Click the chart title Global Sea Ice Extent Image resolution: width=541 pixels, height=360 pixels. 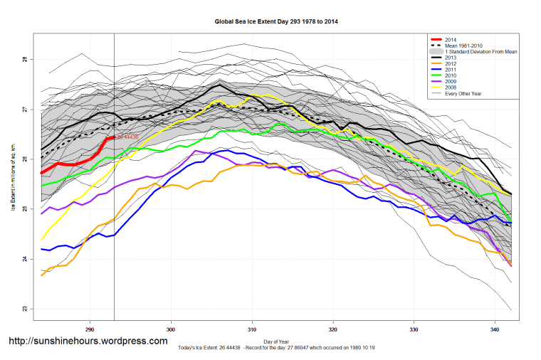click(276, 21)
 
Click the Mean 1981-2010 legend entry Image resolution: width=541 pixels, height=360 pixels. click(463, 46)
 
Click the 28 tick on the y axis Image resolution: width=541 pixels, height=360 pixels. click(24, 60)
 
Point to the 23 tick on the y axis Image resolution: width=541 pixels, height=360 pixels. click(24, 309)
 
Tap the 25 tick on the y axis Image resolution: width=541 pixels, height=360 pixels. click(24, 209)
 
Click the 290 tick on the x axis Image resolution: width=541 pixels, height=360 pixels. click(90, 330)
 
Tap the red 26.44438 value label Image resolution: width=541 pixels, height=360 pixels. click(127, 137)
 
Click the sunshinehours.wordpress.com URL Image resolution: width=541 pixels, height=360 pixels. click(88, 342)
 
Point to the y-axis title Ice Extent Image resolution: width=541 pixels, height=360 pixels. click(13, 184)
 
